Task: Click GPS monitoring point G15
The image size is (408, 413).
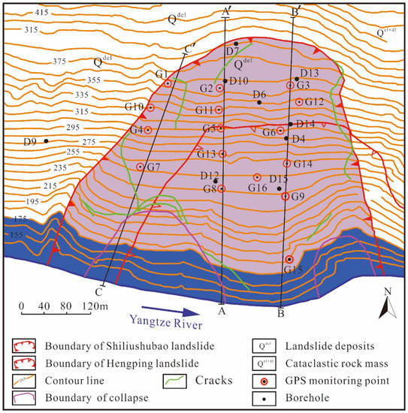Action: [290, 259]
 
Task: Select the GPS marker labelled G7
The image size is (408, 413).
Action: [141, 167]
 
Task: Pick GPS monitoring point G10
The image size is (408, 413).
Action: [150, 108]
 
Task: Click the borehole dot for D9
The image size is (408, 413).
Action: [46, 141]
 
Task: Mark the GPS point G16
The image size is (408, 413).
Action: [257, 177]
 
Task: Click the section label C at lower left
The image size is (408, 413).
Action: [98, 291]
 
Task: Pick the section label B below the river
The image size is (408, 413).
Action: [280, 316]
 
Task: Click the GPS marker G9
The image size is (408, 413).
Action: [285, 197]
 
